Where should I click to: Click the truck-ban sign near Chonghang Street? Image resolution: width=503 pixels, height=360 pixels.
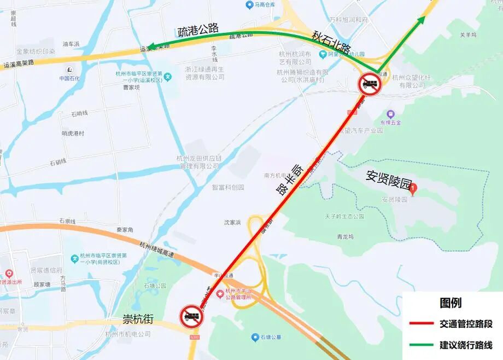[x=191, y=317]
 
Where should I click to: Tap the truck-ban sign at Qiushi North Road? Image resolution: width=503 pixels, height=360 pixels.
[x=370, y=85]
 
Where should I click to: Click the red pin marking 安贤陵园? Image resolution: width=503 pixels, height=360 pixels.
[x=413, y=189]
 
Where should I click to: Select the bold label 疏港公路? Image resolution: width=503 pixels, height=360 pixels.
[x=198, y=30]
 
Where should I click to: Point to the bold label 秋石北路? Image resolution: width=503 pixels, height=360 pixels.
[x=331, y=42]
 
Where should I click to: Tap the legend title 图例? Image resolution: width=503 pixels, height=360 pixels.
[x=450, y=303]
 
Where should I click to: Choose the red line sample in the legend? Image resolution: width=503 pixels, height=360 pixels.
[x=421, y=324]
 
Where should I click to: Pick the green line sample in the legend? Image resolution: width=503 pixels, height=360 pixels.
[x=421, y=345]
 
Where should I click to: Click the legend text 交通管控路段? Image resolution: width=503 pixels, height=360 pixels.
[x=466, y=324]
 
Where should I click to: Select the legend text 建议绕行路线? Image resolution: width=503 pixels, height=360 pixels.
[x=466, y=345]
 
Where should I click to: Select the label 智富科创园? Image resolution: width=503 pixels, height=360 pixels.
[x=228, y=187]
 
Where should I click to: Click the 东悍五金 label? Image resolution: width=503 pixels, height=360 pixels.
[x=390, y=122]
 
